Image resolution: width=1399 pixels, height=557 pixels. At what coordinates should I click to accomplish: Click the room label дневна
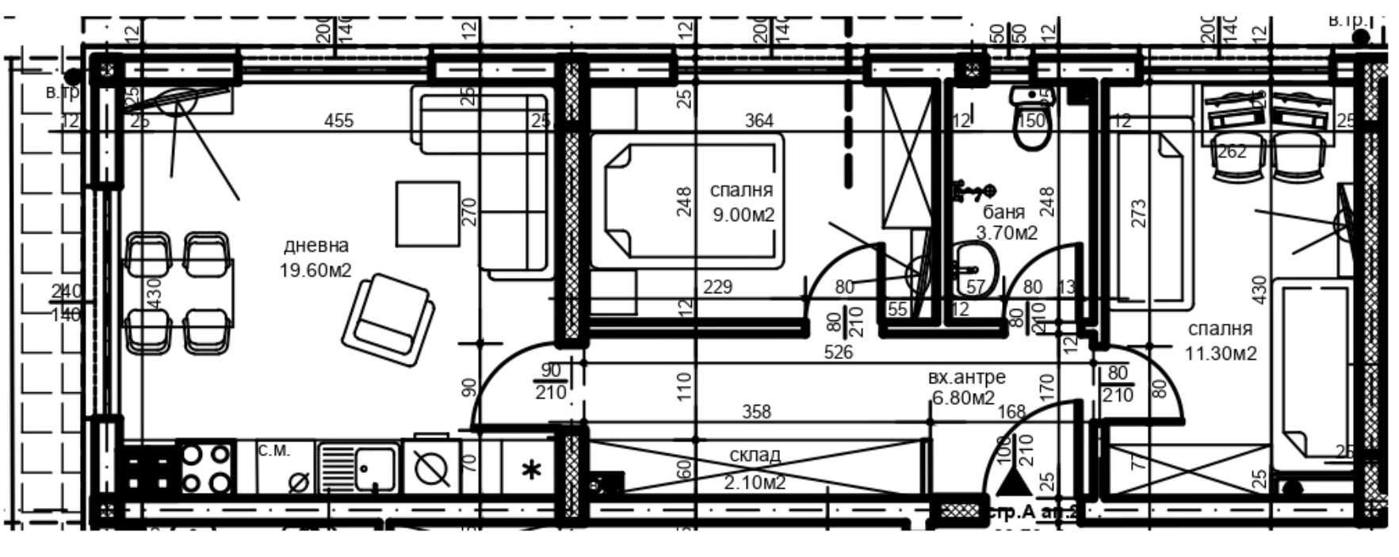tap(315, 246)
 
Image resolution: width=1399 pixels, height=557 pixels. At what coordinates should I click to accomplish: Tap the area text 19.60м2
tap(315, 270)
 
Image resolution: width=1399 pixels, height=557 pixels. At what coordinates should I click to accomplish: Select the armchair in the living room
tap(388, 320)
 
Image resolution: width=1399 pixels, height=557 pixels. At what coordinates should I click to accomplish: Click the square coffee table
tap(428, 214)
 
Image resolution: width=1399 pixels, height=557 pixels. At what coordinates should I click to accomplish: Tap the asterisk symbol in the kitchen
tap(530, 471)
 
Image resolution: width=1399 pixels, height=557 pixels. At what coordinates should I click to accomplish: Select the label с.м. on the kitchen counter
tap(274, 451)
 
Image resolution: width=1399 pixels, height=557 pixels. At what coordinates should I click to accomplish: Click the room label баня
tap(1003, 212)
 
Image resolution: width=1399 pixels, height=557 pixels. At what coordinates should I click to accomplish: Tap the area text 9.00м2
tap(743, 214)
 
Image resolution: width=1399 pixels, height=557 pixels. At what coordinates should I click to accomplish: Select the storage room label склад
tap(755, 455)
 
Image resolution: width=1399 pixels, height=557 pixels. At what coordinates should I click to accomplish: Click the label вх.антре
tap(966, 377)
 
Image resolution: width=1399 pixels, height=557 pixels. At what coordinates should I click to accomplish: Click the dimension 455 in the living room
tap(339, 120)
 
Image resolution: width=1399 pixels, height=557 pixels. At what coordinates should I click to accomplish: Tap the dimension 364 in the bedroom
tap(759, 120)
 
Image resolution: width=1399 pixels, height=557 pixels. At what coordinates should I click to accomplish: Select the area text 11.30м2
tap(1221, 353)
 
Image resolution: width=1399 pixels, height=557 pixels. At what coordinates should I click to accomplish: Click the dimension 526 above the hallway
tap(838, 352)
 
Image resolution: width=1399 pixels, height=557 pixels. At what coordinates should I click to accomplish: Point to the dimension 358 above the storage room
tap(756, 412)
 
